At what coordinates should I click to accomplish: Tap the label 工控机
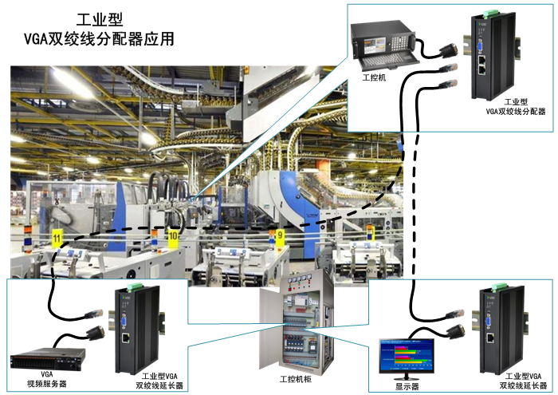click(375, 78)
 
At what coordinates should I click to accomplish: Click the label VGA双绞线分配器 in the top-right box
click(516, 113)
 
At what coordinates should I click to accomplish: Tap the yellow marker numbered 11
click(57, 238)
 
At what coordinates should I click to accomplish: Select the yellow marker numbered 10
click(173, 236)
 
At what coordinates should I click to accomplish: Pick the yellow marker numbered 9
click(279, 235)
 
